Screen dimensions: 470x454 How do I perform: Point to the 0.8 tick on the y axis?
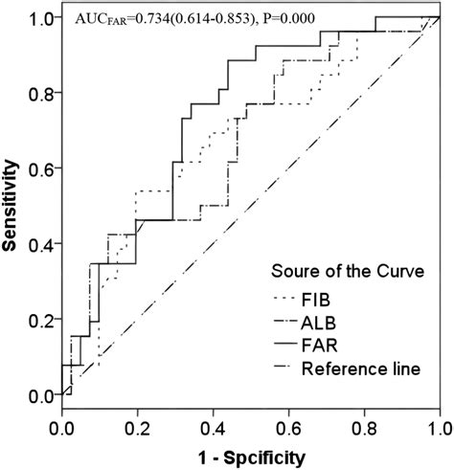click(x=40, y=92)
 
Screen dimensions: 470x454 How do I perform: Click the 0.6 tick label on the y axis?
click(x=40, y=168)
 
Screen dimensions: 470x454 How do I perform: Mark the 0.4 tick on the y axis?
click(x=40, y=243)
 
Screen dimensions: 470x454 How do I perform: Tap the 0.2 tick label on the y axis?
click(x=40, y=319)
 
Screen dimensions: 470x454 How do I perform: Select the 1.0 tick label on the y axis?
click(x=40, y=17)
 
